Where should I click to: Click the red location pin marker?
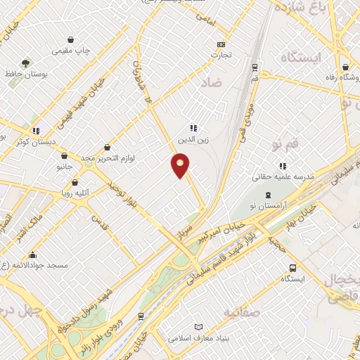[x=181, y=166]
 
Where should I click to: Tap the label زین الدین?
[x=193, y=139]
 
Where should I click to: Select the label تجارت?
[x=221, y=54]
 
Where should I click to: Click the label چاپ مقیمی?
[x=70, y=51]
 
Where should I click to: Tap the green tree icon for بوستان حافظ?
[x=26, y=63]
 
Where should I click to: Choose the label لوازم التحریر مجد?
[x=107, y=158]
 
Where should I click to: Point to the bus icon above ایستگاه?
[x=292, y=268]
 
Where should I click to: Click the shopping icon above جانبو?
[x=64, y=156]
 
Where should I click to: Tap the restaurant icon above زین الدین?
[x=193, y=128]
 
